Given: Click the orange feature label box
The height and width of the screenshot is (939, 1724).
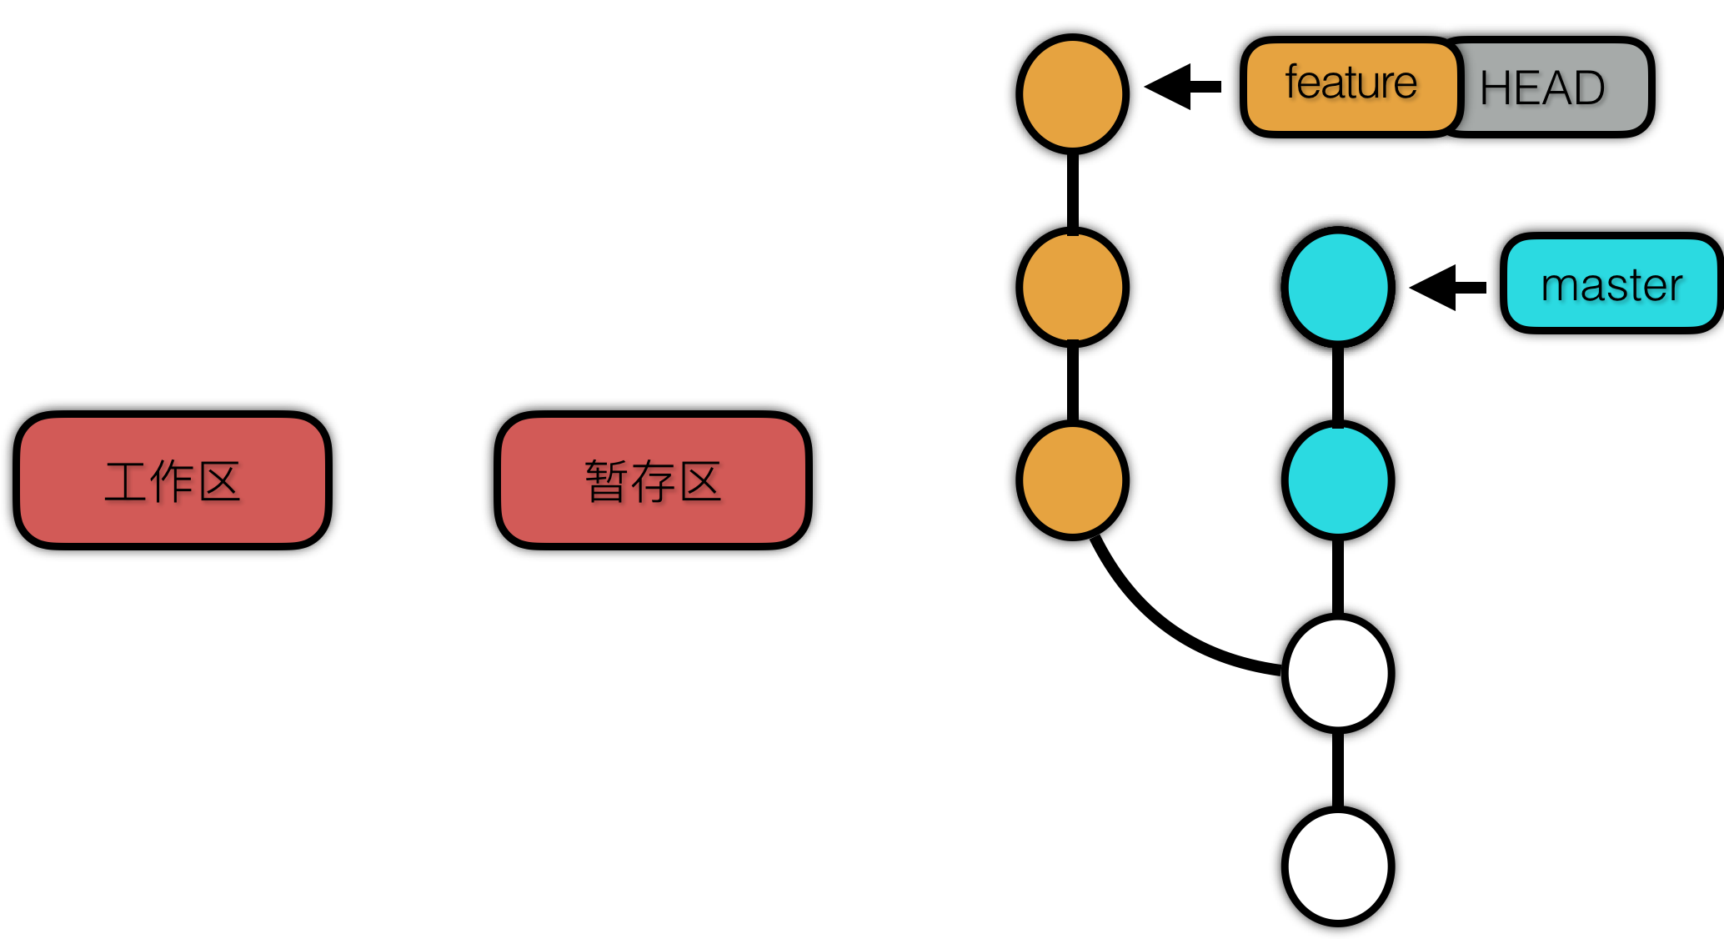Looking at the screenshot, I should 1351,87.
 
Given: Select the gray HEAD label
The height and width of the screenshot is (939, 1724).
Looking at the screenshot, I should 1555,88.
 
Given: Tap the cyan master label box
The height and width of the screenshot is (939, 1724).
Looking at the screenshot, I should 1611,284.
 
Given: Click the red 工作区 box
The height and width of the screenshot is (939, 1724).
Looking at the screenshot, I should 173,480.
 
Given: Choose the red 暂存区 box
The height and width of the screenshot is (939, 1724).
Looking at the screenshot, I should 653,480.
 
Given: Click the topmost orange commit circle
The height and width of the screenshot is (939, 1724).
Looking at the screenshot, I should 1073,93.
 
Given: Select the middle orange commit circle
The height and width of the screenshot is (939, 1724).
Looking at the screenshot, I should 1073,287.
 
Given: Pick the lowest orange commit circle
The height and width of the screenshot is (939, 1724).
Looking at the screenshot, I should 1073,480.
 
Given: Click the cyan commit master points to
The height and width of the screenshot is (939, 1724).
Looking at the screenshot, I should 1338,287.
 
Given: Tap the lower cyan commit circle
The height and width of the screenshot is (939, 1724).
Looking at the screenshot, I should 1338,480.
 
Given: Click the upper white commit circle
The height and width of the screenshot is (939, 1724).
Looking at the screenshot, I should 1338,673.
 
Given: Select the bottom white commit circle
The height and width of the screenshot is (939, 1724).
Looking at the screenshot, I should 1338,866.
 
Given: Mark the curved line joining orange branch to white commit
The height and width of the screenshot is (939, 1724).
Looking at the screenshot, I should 1167,625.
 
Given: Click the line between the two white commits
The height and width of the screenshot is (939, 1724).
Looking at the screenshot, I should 1338,770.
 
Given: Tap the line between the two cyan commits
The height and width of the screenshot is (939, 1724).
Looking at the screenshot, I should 1338,384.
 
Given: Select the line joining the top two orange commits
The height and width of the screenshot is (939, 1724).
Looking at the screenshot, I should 1073,190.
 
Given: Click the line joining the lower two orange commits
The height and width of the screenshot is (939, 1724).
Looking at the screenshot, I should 1073,384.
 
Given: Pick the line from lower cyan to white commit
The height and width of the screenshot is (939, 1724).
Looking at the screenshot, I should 1338,577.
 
